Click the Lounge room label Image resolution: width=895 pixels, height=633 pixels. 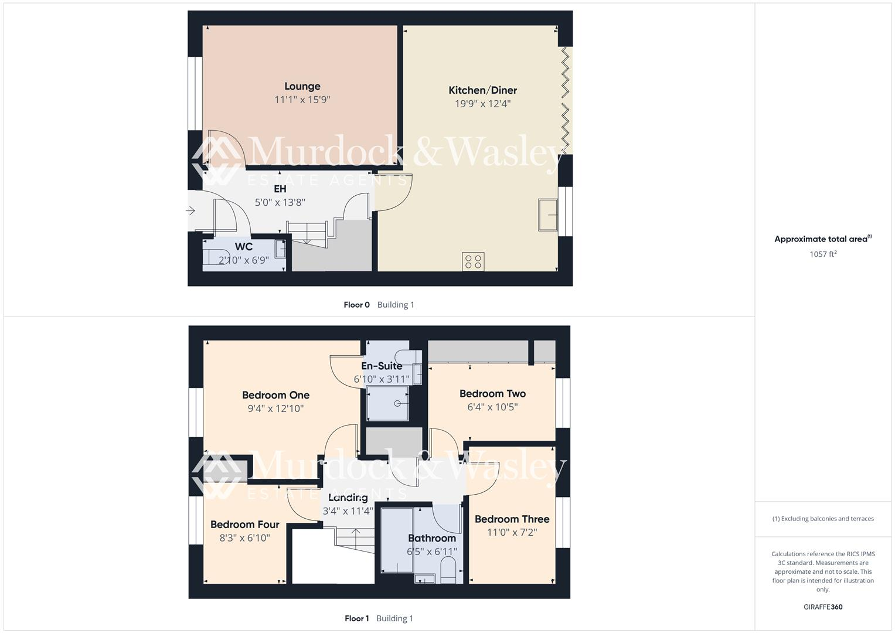click(302, 86)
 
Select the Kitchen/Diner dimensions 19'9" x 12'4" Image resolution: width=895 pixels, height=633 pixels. click(482, 104)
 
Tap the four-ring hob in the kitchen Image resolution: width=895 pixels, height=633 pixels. click(473, 261)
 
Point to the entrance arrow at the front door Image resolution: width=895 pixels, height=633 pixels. click(190, 210)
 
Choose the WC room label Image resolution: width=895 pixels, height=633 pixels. click(244, 247)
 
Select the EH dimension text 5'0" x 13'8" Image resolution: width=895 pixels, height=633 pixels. click(280, 202)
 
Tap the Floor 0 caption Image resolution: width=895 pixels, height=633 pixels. click(356, 305)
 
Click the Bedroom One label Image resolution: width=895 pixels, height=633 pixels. click(275, 395)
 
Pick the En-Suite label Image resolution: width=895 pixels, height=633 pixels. click(382, 366)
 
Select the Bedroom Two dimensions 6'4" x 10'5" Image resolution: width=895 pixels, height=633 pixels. click(492, 407)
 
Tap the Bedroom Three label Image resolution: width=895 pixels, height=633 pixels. click(512, 519)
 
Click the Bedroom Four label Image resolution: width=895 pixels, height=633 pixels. click(244, 525)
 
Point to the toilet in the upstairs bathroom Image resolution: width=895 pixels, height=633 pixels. click(448, 569)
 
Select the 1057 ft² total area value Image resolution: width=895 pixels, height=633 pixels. click(822, 254)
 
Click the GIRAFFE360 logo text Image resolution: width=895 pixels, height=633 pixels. click(823, 607)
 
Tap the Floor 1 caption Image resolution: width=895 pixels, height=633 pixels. click(356, 618)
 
